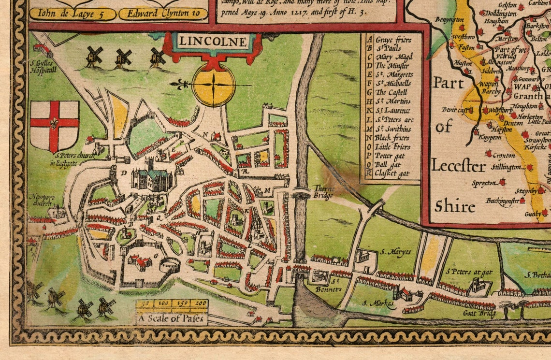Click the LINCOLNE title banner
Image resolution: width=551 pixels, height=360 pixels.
click(x=211, y=42)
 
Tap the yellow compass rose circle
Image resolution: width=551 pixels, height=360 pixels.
click(x=213, y=85)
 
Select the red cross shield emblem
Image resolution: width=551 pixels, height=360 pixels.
click(x=55, y=126)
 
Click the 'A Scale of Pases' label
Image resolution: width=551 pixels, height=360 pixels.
click(x=172, y=319)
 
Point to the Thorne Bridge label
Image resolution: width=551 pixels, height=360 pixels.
click(x=323, y=192)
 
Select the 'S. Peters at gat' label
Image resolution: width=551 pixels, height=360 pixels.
click(x=469, y=272)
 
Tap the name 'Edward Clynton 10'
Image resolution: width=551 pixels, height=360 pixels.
click(x=163, y=14)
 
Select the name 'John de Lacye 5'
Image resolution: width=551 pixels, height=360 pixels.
click(x=72, y=14)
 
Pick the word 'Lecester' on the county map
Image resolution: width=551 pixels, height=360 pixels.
click(x=458, y=166)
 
